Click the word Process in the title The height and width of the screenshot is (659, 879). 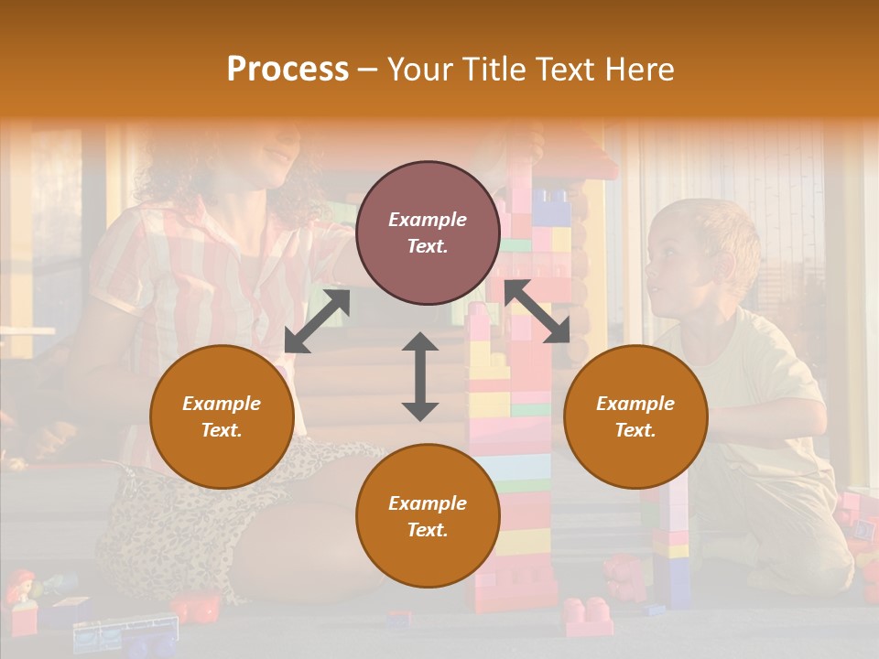point(288,70)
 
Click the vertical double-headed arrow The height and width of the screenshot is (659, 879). point(420,376)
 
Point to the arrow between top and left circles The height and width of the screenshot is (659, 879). point(317,320)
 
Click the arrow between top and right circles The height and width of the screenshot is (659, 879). point(536,311)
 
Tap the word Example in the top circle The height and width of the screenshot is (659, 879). point(428,220)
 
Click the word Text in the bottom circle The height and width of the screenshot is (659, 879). point(428,530)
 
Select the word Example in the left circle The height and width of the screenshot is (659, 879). point(222,404)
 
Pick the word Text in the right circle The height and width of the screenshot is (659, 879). point(635,430)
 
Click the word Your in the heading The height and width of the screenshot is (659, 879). point(419,70)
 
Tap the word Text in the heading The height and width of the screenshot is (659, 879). point(565,70)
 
